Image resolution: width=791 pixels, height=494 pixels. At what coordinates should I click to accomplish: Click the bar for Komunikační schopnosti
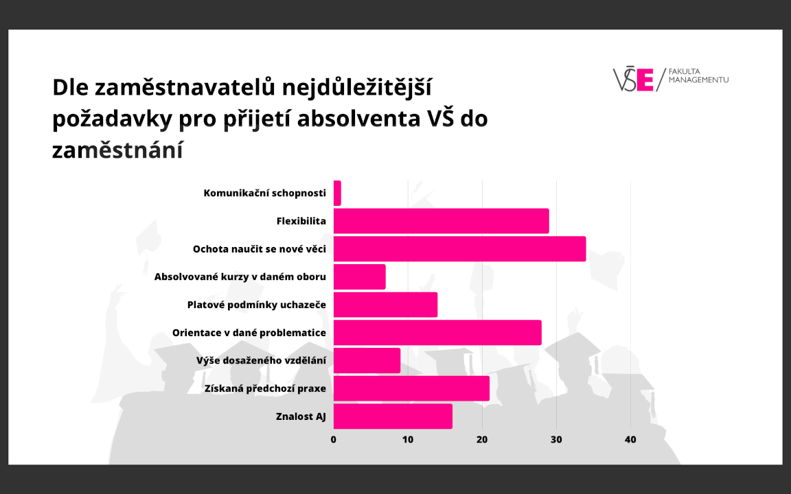pos(337,193)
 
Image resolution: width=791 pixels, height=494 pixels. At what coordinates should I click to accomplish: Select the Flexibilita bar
pos(441,221)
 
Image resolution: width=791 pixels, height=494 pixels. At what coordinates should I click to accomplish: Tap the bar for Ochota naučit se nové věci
pos(459,248)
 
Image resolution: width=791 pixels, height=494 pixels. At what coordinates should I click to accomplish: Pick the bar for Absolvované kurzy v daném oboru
pos(359,277)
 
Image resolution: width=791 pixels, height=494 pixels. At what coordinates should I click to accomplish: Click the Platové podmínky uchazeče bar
pos(385,305)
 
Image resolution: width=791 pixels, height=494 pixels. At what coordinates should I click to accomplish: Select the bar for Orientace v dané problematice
pos(437,333)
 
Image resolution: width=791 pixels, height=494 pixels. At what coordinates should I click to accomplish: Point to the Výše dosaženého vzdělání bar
pos(367,360)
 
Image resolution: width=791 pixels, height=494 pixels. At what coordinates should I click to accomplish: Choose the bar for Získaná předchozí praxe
pos(411,388)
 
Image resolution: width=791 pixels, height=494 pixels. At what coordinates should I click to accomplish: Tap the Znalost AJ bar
pos(393,416)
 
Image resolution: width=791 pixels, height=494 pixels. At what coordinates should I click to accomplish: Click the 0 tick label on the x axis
pos(334,440)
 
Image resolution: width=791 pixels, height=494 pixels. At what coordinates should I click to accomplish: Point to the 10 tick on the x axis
pos(408,440)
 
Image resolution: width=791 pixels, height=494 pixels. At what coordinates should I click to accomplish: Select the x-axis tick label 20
pos(482,440)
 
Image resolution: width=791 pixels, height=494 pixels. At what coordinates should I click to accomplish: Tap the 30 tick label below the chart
pos(556,440)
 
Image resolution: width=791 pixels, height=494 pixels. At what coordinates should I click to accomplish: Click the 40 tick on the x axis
pos(630,440)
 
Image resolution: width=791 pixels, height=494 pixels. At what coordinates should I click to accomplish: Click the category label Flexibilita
pos(301,221)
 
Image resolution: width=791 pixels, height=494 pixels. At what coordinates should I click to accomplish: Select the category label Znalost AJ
pos(301,416)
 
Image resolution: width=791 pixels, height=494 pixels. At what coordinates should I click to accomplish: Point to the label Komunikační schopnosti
pos(264,193)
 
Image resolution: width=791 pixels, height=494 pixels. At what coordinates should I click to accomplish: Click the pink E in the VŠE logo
pos(645,80)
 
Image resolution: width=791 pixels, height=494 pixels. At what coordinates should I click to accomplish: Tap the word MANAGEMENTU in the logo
pos(698,80)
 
